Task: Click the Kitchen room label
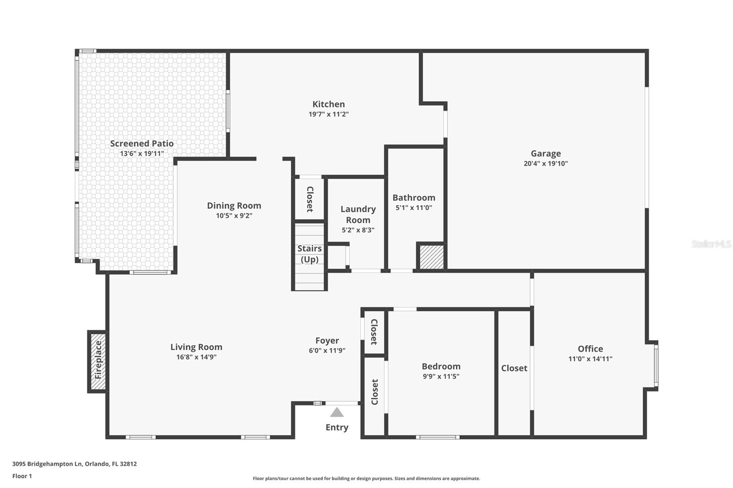[x=328, y=104]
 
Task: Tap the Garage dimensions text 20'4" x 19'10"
[x=546, y=163]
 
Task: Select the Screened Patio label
[x=142, y=144]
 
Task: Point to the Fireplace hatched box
[x=98, y=361]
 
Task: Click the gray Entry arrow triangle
[x=337, y=412]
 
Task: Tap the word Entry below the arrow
[x=337, y=427]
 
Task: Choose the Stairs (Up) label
[x=310, y=254]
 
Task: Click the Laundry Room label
[x=358, y=214]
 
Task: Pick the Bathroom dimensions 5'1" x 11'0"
[x=414, y=208]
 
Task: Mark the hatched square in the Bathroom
[x=432, y=257]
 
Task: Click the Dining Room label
[x=234, y=206]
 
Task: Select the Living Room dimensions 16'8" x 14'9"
[x=196, y=357]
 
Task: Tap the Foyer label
[x=327, y=341]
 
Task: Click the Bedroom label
[x=441, y=366]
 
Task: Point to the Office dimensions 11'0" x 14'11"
[x=590, y=359]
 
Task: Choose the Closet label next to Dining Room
[x=310, y=199]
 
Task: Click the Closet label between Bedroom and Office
[x=514, y=368]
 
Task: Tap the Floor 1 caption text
[x=22, y=476]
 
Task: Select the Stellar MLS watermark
[x=711, y=244]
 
